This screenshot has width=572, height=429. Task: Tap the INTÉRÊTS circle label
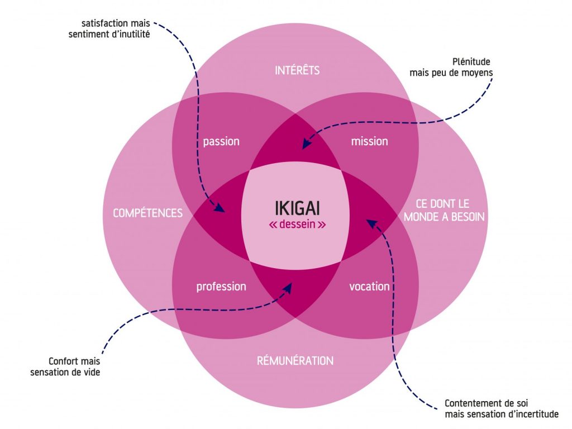pos(297,70)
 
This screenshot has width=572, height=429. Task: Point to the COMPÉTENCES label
pos(147,213)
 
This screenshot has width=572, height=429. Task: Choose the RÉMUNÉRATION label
pos(295,360)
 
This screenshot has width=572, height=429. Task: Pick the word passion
pos(221,141)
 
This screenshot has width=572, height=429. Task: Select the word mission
pos(369,141)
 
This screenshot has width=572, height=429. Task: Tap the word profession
pos(221,287)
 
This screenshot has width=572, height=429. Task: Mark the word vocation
pos(369,287)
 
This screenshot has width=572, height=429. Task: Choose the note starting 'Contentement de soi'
pos(501,408)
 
